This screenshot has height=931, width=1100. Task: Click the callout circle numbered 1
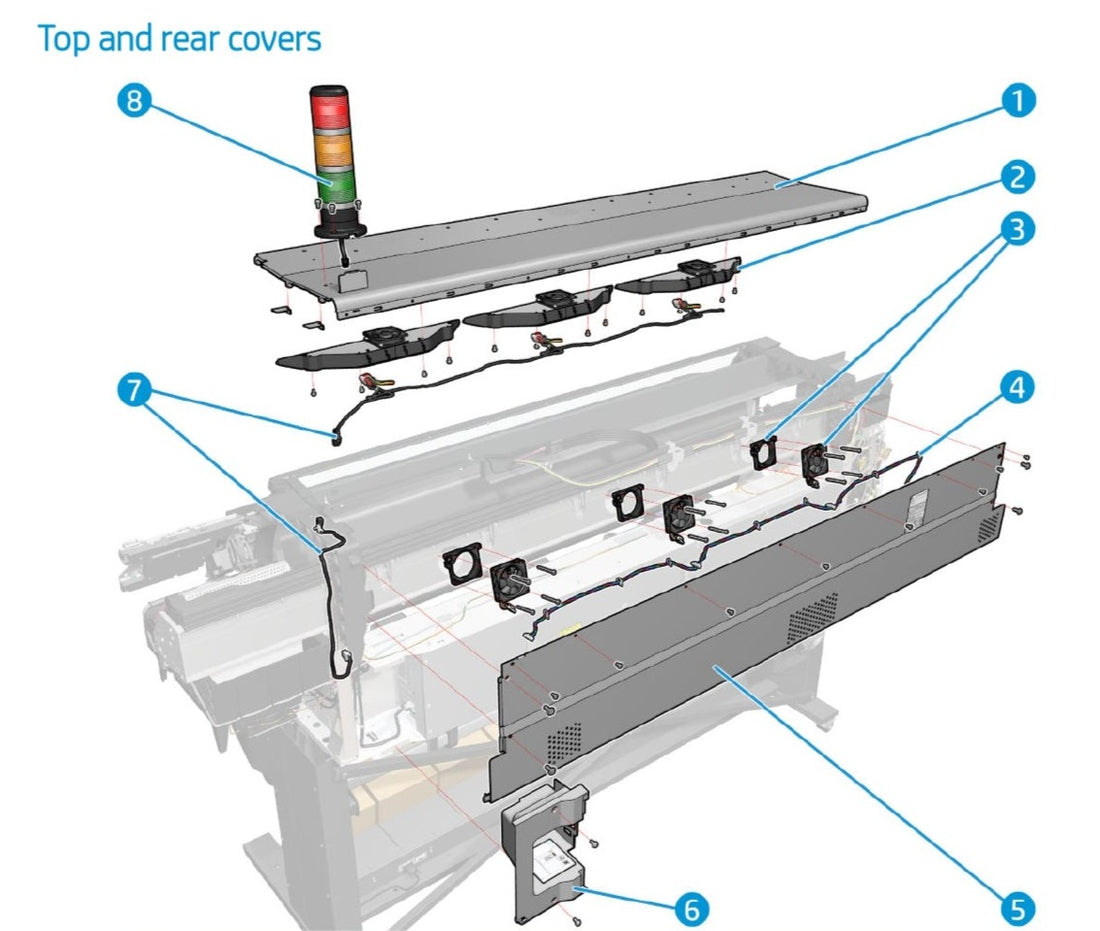click(1018, 100)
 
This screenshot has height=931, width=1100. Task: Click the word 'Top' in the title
click(62, 39)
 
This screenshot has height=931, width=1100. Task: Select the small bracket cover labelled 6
click(546, 845)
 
